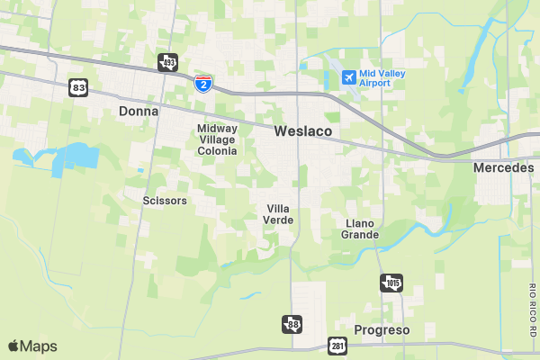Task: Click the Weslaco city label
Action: pos(303,131)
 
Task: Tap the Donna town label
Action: pos(138,112)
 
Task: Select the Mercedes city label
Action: pos(503,168)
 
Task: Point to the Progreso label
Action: pos(382,330)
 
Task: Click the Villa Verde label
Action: pos(278,214)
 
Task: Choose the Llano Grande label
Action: pos(360,229)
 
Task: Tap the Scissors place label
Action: pos(165,201)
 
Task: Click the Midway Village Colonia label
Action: pos(217,139)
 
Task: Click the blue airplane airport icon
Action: pos(348,77)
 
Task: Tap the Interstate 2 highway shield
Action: pos(204,84)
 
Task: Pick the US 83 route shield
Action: pos(78,87)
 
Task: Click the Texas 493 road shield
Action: pos(167,62)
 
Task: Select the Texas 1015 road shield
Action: pos(391,283)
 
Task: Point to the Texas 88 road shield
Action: pos(292,324)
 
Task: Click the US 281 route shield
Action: pos(337,346)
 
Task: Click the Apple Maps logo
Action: pos(32,346)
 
